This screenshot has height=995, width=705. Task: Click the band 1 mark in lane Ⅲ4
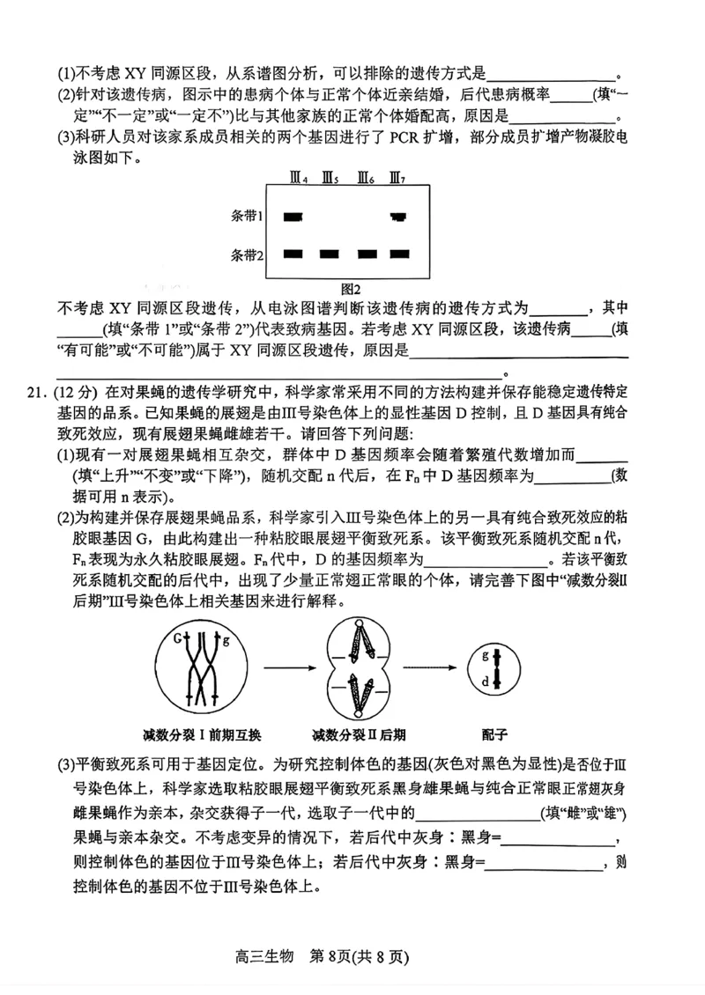coord(293,216)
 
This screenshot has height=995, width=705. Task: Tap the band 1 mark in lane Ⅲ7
coord(398,216)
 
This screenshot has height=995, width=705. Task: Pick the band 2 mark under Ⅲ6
coord(367,254)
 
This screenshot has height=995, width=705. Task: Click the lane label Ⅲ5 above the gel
coord(330,180)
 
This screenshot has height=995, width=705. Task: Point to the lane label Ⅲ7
coord(397,180)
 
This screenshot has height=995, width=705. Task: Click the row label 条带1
coord(248,216)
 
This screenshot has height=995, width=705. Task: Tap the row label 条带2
coord(248,255)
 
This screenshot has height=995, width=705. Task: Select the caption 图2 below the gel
coord(352,288)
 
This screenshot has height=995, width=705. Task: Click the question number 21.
coord(38,390)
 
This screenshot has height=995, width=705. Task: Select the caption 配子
coord(494,733)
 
